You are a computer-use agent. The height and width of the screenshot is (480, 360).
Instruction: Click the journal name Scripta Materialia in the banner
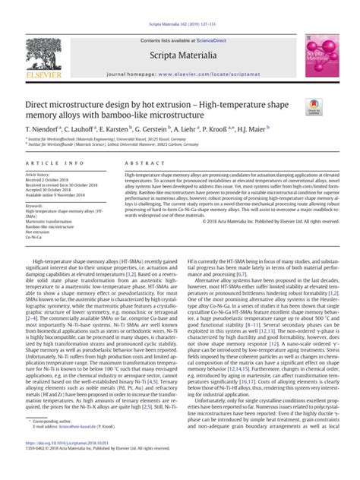[x=179, y=55]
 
